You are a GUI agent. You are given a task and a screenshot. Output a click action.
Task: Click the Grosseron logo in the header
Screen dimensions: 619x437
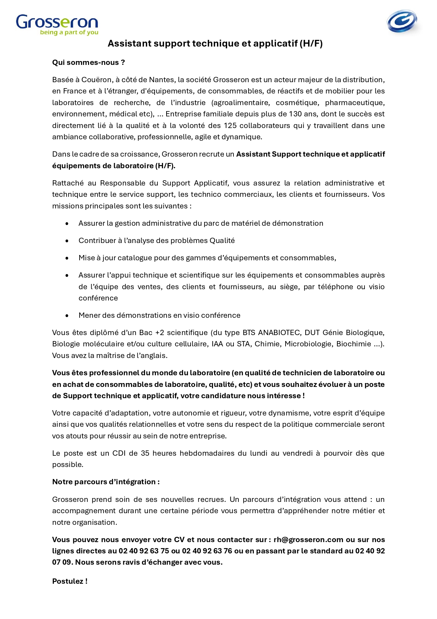(x=57, y=22)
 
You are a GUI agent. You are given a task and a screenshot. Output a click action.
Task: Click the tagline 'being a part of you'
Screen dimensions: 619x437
(x=69, y=32)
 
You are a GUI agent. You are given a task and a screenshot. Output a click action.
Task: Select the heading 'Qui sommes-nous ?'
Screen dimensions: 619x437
(x=88, y=62)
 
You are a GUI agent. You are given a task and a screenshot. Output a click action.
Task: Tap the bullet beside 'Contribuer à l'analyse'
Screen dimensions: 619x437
(x=67, y=241)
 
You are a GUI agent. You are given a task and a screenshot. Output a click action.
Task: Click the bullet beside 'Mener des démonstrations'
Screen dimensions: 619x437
(x=67, y=315)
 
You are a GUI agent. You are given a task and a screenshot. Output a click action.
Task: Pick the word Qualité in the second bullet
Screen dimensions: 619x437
(x=222, y=241)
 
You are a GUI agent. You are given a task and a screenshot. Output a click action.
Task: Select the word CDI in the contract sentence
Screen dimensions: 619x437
(x=119, y=453)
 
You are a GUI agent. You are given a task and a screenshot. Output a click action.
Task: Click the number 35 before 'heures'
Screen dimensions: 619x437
(x=145, y=453)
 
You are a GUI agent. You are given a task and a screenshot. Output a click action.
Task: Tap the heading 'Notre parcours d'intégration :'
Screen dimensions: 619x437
(x=106, y=482)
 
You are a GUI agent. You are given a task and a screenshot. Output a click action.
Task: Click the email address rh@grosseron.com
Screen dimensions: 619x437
(x=308, y=540)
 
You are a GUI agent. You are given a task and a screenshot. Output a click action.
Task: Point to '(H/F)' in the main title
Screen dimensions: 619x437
(x=311, y=43)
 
